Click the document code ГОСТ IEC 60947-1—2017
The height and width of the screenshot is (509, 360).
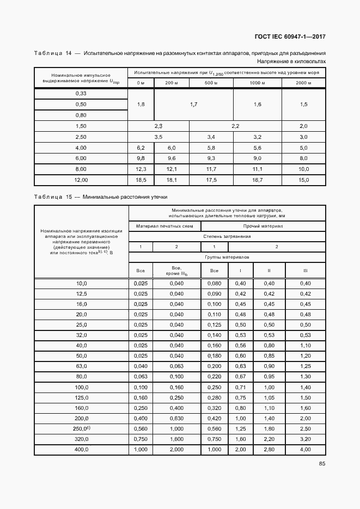pos(290,37)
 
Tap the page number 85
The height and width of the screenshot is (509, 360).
pos(322,464)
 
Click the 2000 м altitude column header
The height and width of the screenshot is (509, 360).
pos(303,83)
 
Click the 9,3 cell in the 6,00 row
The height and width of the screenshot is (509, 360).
pos(211,158)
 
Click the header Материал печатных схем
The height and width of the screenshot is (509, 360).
pos(164,226)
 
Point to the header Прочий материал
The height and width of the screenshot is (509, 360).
pos(264,226)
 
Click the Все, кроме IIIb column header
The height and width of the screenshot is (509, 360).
pos(176,271)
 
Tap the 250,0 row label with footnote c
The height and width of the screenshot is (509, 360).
pos(81,429)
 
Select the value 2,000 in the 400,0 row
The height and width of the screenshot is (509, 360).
pos(176,450)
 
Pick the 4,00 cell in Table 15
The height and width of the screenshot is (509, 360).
pos(305,450)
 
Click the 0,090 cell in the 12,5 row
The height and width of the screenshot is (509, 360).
pos(214,293)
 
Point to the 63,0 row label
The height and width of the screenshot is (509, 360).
pos(81,366)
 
